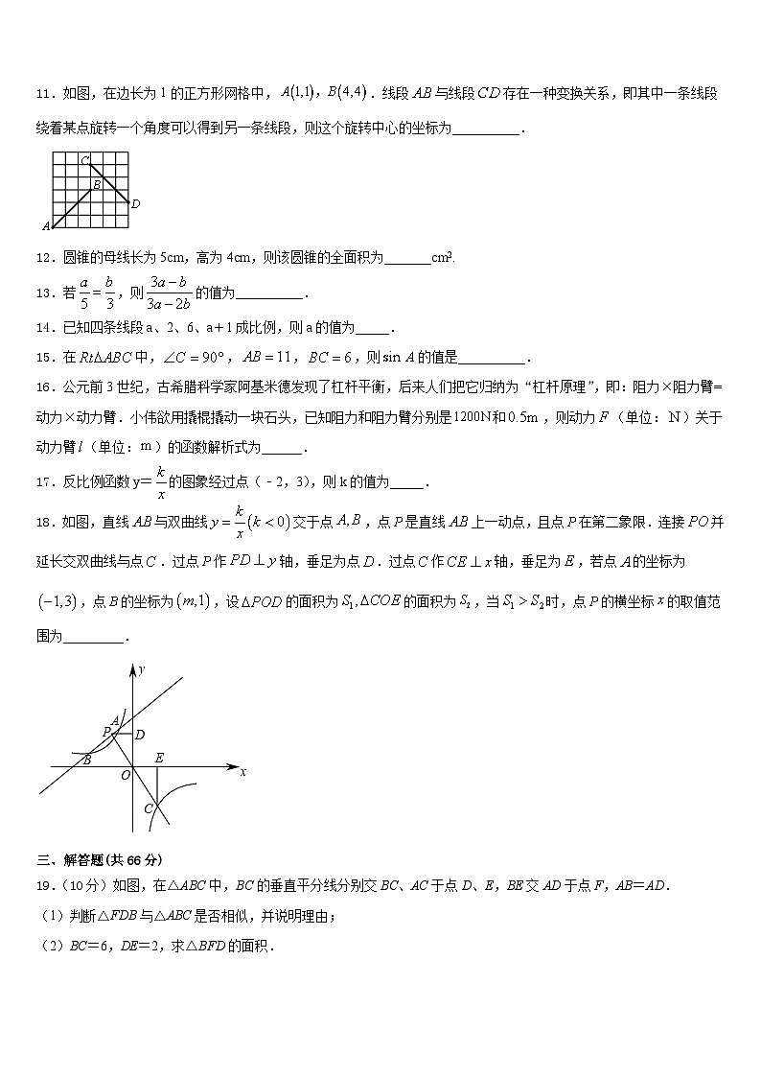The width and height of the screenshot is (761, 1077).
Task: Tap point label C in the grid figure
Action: click(x=84, y=159)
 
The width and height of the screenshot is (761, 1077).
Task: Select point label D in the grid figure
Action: click(x=135, y=203)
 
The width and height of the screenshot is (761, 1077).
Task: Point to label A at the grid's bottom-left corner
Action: click(x=45, y=227)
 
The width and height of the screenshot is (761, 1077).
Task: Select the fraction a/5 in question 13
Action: click(x=84, y=293)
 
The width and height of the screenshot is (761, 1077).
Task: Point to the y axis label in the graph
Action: click(x=141, y=669)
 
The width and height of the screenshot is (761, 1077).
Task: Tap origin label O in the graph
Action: click(x=125, y=776)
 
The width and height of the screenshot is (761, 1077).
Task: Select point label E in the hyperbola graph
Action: click(x=159, y=758)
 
